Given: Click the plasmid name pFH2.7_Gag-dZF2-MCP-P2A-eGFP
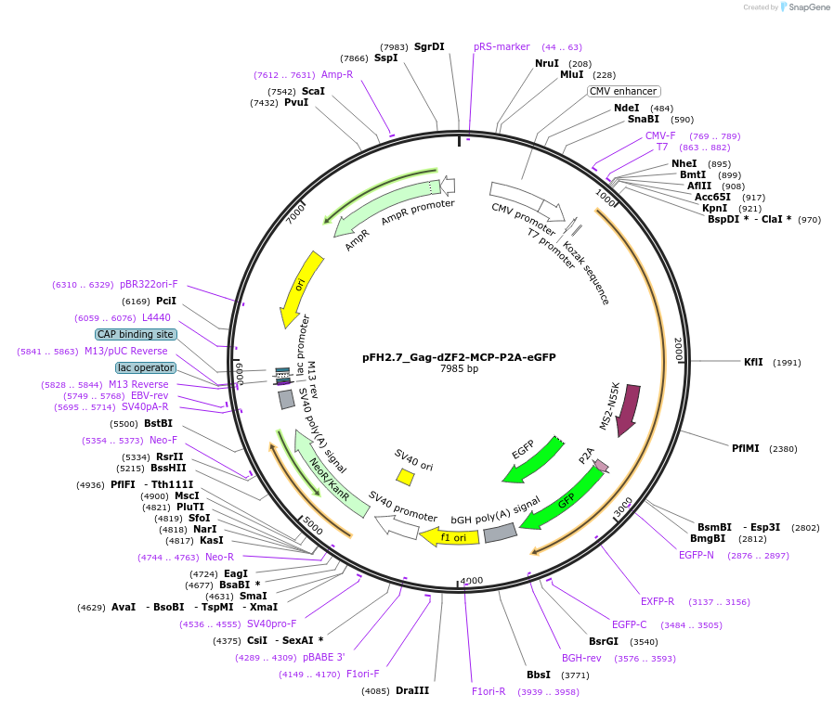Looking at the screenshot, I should [x=459, y=356].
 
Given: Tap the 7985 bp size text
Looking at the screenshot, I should [x=459, y=369].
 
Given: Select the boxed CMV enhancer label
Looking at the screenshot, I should [x=623, y=91].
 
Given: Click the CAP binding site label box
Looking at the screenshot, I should [x=136, y=334].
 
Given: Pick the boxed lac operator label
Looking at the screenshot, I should [x=145, y=368].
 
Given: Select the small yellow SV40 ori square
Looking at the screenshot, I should [x=405, y=476].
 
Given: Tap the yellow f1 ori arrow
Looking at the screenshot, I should [x=450, y=536].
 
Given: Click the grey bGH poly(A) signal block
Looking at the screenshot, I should [x=501, y=533].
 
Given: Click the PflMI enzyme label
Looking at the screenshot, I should [x=745, y=448].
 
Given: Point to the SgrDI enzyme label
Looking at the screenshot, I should [x=429, y=46].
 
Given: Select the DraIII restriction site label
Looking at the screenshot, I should [x=412, y=690].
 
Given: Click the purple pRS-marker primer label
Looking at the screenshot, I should [x=502, y=46].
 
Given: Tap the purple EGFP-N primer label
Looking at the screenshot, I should [x=697, y=555].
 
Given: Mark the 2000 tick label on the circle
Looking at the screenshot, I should [x=679, y=350].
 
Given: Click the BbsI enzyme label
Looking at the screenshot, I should [x=539, y=675].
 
